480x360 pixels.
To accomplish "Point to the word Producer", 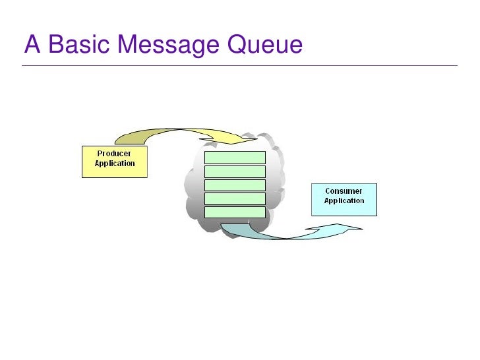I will click(115, 154).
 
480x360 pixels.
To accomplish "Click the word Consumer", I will click(344, 191).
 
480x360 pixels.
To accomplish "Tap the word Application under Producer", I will click(115, 163).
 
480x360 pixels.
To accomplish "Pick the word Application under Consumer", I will click(344, 200).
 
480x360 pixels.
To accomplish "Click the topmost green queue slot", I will click(235, 157).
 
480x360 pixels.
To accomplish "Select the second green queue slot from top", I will click(235, 171).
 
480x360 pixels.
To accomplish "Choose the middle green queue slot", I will click(235, 185).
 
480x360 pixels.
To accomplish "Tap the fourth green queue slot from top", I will click(235, 198).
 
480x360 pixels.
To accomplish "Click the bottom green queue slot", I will click(235, 212).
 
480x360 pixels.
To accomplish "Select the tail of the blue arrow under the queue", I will click(227, 227).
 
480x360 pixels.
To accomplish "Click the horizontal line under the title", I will click(240, 65).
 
